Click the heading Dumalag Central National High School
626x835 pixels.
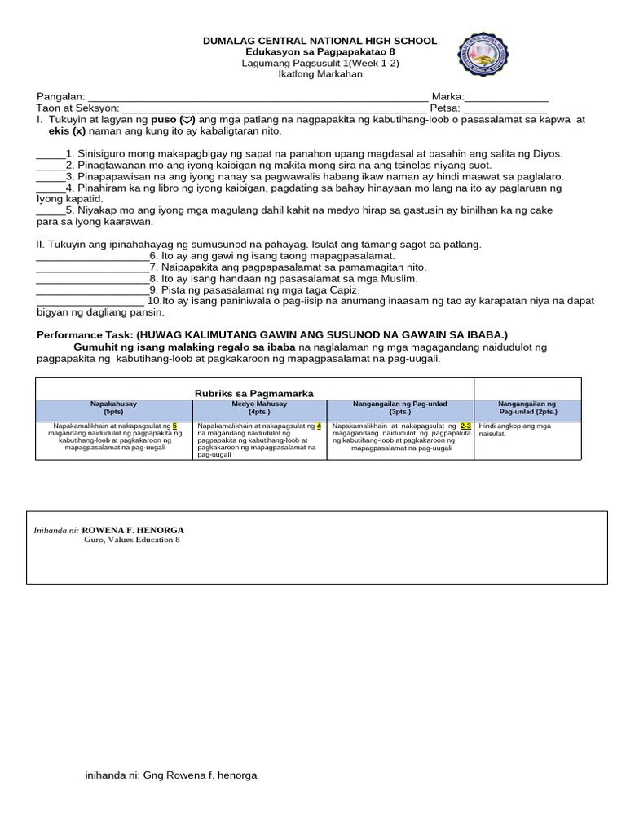click(320, 41)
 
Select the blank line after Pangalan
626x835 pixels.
click(257, 98)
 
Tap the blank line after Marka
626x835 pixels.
click(505, 98)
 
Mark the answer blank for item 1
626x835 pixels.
click(49, 155)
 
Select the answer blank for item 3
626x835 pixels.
click(49, 177)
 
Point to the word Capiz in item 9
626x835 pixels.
click(343, 290)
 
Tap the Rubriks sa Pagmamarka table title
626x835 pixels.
click(253, 393)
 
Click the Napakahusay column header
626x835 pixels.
click(113, 408)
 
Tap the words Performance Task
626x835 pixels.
click(85, 335)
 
